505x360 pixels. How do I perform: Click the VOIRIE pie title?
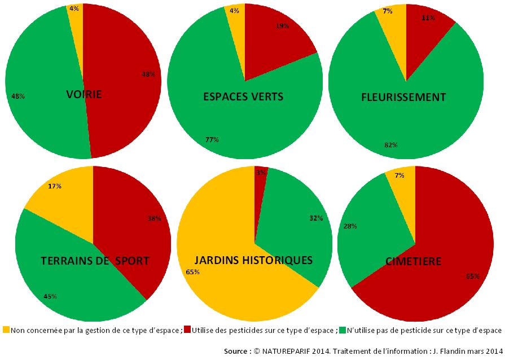tap(83, 94)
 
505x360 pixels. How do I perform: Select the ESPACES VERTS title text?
tap(243, 96)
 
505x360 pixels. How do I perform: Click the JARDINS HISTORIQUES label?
tap(253, 260)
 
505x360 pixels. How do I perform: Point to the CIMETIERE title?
tap(413, 261)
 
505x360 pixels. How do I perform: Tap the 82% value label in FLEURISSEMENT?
tap(390, 145)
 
